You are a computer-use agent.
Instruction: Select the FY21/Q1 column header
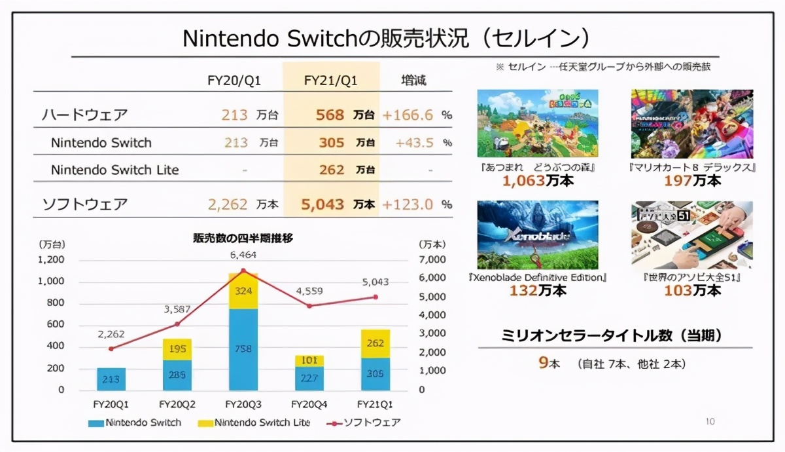point(331,81)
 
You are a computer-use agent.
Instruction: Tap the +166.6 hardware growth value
point(408,115)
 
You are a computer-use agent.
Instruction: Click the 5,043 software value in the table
point(323,204)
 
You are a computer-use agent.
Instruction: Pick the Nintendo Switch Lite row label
point(115,170)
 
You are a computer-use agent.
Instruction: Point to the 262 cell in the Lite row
point(332,170)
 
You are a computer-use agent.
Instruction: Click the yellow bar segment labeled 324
point(243,291)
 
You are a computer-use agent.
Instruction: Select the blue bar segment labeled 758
point(243,349)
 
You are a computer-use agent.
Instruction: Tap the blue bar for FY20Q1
point(111,379)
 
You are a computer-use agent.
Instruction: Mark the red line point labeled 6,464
point(243,270)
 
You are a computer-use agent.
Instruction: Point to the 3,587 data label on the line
point(177,309)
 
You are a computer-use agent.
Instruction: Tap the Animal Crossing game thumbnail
point(538,123)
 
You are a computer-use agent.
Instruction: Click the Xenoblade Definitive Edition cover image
point(538,235)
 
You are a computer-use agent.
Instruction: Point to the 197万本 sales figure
point(692,180)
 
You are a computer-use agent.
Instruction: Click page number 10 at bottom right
point(710,422)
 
